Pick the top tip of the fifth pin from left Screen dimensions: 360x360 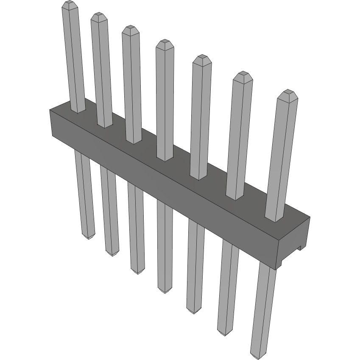202,58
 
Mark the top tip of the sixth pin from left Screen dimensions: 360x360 243,75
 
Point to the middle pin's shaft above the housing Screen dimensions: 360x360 165,98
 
